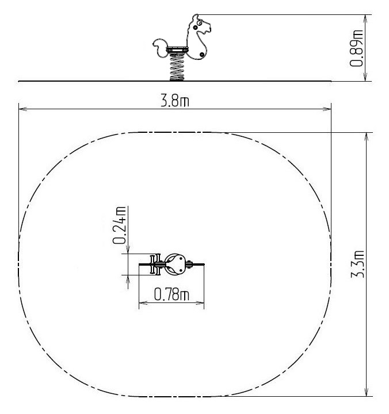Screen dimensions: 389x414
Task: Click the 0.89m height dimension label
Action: [356, 48]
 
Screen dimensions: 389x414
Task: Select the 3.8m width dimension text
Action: [175, 101]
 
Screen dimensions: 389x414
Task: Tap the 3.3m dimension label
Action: [358, 264]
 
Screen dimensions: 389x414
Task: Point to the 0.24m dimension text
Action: [119, 225]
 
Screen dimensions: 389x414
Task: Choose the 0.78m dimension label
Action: [171, 294]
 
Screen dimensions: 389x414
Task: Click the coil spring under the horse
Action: [177, 67]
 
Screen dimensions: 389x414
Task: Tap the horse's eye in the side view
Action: [200, 23]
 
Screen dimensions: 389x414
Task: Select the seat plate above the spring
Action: [177, 50]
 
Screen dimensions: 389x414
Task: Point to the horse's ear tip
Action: [196, 16]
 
